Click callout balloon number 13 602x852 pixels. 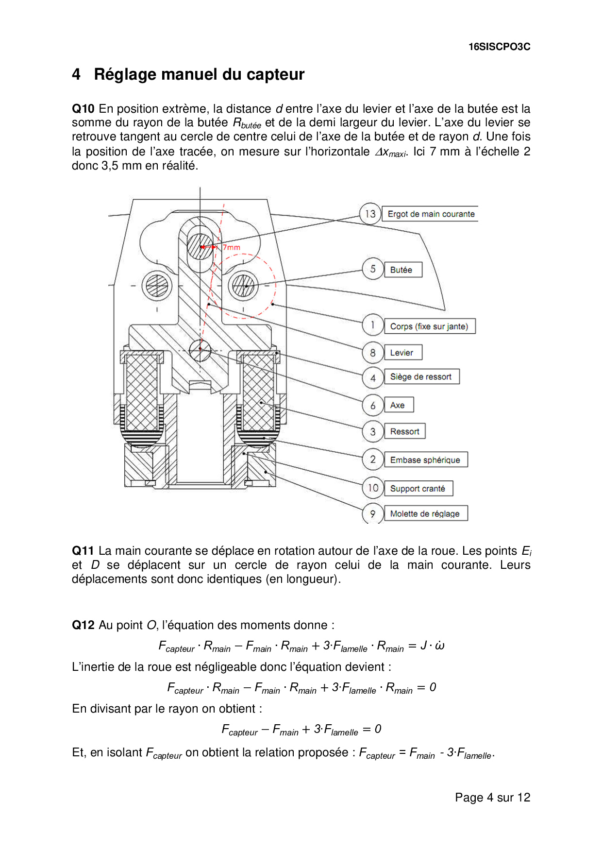coord(370,214)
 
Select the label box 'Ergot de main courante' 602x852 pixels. coord(431,214)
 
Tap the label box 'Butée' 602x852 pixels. coord(403,270)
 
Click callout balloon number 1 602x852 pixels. coord(372,325)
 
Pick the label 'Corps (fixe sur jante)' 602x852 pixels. coord(429,326)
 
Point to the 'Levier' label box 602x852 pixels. coord(402,353)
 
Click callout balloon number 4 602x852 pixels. coord(372,378)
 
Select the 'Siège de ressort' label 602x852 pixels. coord(421,376)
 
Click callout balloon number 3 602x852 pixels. coord(372,431)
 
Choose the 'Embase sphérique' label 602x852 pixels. coord(425,460)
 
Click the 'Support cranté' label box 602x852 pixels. coord(418,489)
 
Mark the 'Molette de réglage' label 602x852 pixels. coord(425,514)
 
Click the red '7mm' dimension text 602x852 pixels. coord(232,247)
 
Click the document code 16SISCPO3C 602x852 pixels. coord(499,47)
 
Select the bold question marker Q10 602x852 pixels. coord(83,109)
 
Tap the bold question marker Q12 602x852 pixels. coord(83,625)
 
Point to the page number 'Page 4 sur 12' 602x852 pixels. coord(492,798)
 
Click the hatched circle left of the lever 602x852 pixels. coord(157,285)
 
